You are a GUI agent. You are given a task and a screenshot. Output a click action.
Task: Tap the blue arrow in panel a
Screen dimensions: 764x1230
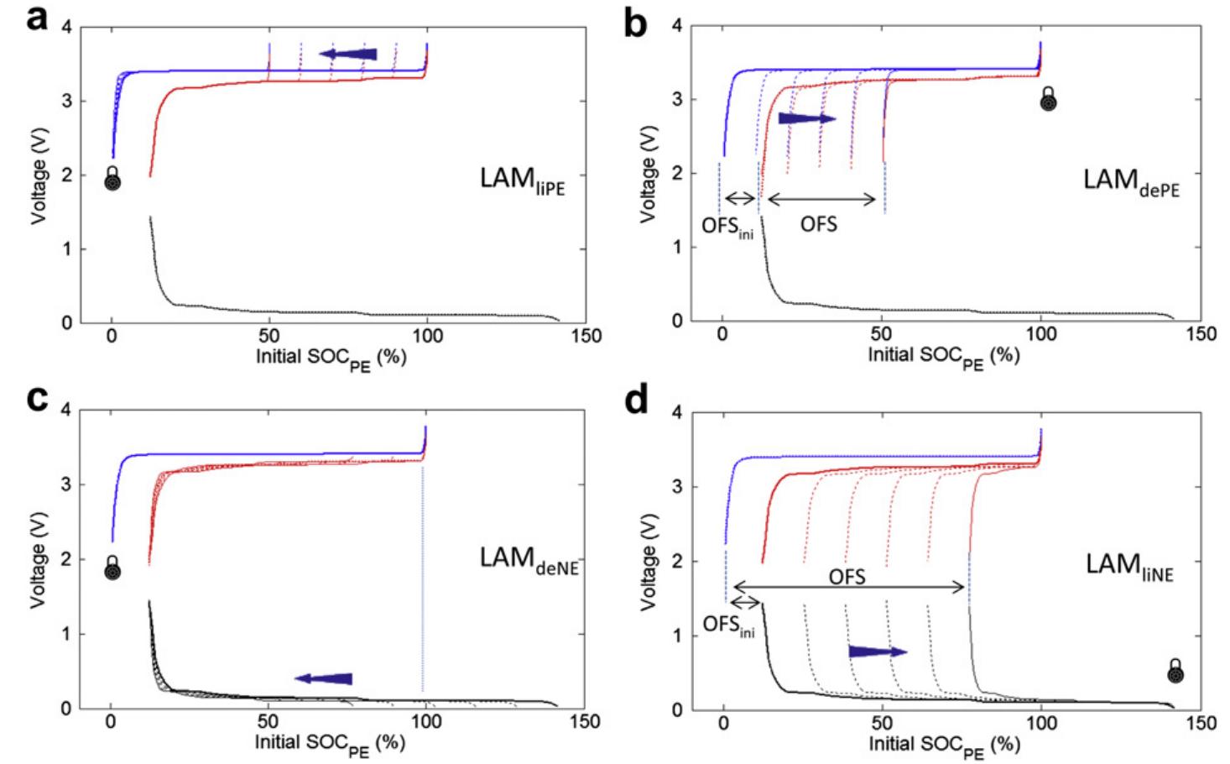click(348, 55)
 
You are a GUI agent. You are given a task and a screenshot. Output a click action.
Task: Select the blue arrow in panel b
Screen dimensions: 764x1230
click(806, 118)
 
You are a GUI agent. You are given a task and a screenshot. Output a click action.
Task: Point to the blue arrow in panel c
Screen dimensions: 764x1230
click(323, 678)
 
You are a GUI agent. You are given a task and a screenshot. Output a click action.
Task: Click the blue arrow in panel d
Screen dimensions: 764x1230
click(877, 651)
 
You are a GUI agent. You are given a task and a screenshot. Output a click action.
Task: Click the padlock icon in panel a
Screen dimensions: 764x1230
click(112, 179)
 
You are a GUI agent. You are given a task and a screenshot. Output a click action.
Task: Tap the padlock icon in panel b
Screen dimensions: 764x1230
click(1048, 99)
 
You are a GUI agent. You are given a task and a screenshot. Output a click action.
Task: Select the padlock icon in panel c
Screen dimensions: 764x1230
click(112, 568)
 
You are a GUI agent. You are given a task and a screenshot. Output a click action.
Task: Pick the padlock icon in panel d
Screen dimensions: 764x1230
click(1175, 672)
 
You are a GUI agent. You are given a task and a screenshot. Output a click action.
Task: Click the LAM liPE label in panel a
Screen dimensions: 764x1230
click(522, 181)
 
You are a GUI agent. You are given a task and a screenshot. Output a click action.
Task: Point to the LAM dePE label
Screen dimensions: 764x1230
click(1130, 181)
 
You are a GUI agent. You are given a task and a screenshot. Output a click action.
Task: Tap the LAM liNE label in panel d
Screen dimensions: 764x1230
click(1129, 566)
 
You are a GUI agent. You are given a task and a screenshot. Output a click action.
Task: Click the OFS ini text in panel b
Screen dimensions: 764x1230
click(727, 228)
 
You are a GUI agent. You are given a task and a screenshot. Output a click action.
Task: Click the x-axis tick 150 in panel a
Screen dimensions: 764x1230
click(586, 337)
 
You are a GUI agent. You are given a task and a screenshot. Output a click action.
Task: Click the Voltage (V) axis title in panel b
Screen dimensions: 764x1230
click(648, 175)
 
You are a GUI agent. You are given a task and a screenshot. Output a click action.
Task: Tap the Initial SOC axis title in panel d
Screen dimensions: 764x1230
click(944, 746)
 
